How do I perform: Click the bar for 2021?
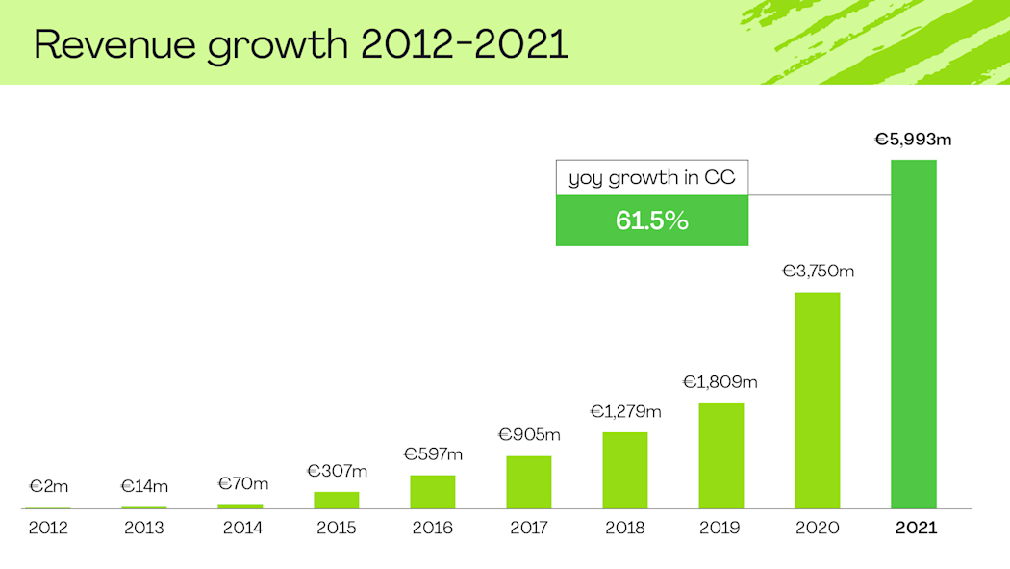(913, 334)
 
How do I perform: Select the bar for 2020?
(817, 400)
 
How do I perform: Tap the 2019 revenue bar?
(720, 455)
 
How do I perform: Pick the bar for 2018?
(624, 470)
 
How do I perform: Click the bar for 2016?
(432, 491)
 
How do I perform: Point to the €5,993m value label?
(913, 140)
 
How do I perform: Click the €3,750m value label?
(817, 272)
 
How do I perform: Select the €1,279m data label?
(625, 412)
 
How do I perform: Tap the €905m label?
(529, 435)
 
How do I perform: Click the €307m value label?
(337, 471)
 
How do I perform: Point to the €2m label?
(48, 487)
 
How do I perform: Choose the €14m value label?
(144, 486)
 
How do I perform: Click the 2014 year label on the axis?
(240, 528)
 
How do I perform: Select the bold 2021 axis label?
(915, 528)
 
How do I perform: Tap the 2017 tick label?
(529, 528)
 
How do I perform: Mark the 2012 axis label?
(48, 528)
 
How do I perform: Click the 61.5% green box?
(651, 220)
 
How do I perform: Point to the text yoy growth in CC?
(651, 178)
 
